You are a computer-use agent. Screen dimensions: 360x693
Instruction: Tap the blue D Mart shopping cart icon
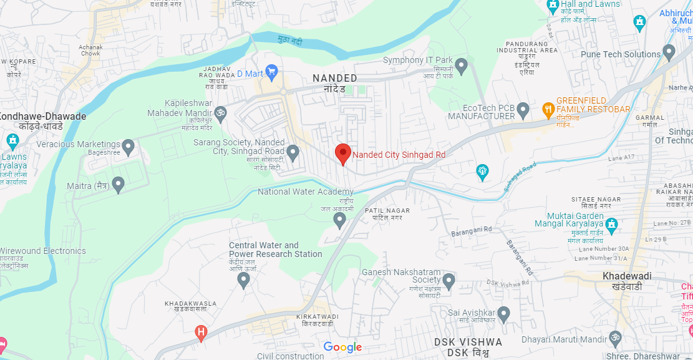(271, 72)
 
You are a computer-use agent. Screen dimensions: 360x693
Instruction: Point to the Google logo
(342, 348)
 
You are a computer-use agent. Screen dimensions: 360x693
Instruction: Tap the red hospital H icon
(201, 333)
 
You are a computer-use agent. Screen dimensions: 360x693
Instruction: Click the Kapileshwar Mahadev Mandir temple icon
(219, 113)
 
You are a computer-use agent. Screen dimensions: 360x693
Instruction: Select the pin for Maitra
(118, 184)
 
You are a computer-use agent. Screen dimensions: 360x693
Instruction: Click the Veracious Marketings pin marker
(128, 147)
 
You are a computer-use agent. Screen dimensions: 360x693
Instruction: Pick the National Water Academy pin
(340, 219)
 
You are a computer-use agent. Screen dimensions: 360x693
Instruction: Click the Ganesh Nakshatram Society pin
(448, 280)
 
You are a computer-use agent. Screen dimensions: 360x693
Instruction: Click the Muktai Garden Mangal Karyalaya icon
(612, 223)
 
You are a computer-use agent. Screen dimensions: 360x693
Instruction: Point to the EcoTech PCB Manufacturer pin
(523, 110)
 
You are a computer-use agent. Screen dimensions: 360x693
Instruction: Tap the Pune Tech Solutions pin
(669, 52)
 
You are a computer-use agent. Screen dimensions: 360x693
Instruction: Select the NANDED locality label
(335, 79)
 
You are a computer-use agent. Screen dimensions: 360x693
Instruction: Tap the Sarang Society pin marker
(293, 150)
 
